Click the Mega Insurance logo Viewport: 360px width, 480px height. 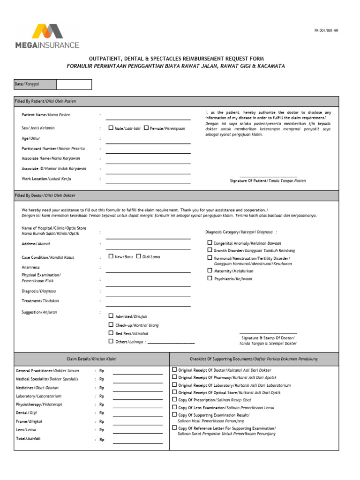[x=47, y=36]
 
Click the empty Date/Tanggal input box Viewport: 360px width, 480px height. [x=74, y=84]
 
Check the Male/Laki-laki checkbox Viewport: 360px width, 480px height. [x=111, y=127]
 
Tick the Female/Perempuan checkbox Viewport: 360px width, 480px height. [x=146, y=127]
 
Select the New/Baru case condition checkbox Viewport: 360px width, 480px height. [x=111, y=256]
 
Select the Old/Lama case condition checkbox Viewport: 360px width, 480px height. [x=138, y=256]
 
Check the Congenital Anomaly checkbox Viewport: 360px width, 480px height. [x=210, y=243]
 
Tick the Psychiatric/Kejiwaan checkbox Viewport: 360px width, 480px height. [x=210, y=278]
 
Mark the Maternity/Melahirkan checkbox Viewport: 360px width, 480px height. [x=210, y=270]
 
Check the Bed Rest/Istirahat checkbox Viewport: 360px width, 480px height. [x=111, y=333]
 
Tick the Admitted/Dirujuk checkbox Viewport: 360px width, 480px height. [x=111, y=316]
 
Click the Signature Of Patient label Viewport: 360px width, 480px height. [x=268, y=180]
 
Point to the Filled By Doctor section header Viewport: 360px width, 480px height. [x=45, y=195]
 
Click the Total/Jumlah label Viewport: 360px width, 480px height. [x=28, y=439]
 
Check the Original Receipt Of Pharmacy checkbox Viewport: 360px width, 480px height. [x=174, y=377]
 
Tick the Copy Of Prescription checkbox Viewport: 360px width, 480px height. [x=174, y=399]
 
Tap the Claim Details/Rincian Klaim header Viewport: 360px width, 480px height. [x=91, y=359]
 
